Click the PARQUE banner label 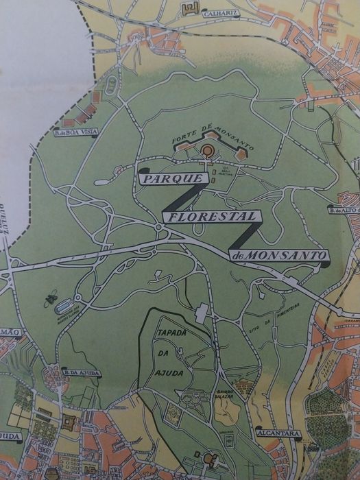point(172,178)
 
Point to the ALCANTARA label point(274,433)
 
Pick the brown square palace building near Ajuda point(69,423)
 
